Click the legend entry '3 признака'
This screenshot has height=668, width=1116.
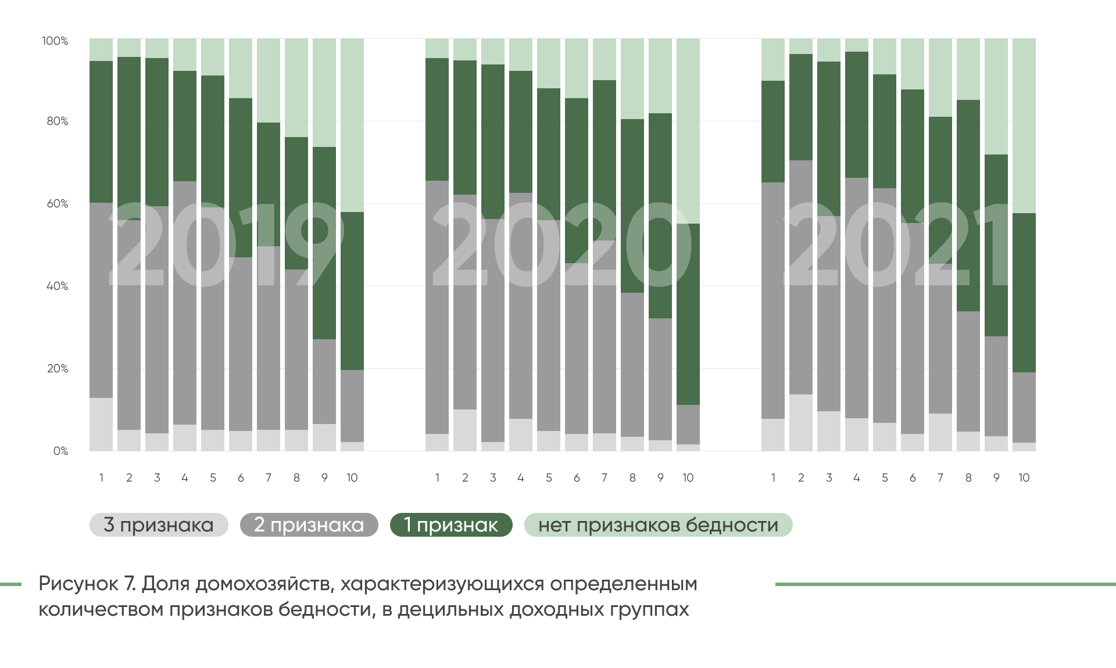pyautogui.click(x=159, y=525)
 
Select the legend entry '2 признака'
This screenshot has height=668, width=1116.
pyautogui.click(x=309, y=525)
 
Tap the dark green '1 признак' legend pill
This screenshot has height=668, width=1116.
pyautogui.click(x=451, y=525)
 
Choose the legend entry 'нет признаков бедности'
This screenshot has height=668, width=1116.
pyautogui.click(x=658, y=525)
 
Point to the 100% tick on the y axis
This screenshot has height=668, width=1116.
pyautogui.click(x=55, y=41)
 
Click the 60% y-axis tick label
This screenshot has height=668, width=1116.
pyautogui.click(x=58, y=204)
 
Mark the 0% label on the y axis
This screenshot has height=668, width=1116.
pyautogui.click(x=60, y=451)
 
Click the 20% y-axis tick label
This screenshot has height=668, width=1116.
pyautogui.click(x=58, y=369)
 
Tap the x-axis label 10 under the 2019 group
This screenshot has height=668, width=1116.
pyautogui.click(x=352, y=478)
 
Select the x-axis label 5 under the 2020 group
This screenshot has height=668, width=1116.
pyautogui.click(x=549, y=478)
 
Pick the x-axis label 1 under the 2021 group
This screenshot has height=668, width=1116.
pyautogui.click(x=773, y=478)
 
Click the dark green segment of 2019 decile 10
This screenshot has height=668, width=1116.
pyautogui.click(x=352, y=290)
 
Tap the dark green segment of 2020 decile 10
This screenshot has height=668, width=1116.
pyautogui.click(x=688, y=314)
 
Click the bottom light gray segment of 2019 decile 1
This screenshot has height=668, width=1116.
pyautogui.click(x=101, y=425)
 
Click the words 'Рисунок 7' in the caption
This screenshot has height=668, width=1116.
pyautogui.click(x=87, y=584)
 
